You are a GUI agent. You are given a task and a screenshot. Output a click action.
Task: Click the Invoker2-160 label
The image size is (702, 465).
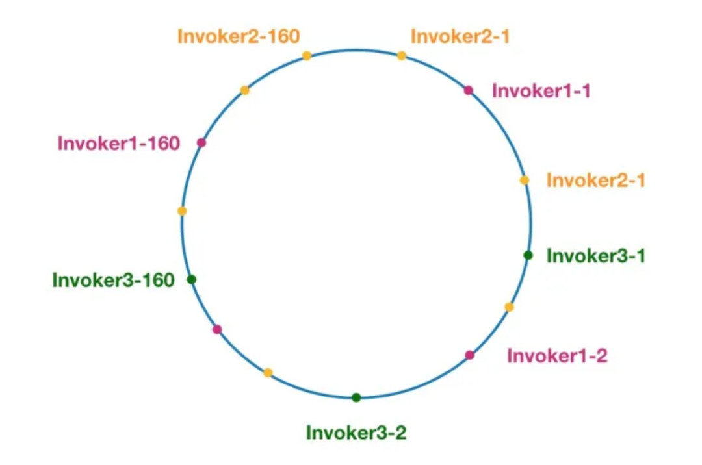pyautogui.click(x=239, y=36)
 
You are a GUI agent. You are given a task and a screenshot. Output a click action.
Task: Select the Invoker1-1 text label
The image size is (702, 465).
pyautogui.click(x=541, y=91)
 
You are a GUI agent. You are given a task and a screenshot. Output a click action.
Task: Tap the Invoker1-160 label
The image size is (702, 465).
pyautogui.click(x=118, y=143)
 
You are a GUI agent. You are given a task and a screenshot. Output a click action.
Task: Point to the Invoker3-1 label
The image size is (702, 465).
pyautogui.click(x=596, y=256)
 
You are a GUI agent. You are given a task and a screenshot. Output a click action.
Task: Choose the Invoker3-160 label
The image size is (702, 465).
pyautogui.click(x=113, y=281)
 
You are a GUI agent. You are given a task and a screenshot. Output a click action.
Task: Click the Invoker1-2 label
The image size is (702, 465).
pyautogui.click(x=557, y=356)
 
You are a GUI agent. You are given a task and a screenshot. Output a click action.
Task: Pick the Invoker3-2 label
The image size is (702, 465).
pyautogui.click(x=356, y=433)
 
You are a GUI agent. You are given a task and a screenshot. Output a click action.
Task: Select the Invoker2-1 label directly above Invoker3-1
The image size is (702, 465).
pyautogui.click(x=596, y=180)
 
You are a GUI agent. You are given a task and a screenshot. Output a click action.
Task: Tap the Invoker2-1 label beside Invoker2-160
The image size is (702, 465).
pyautogui.click(x=460, y=36)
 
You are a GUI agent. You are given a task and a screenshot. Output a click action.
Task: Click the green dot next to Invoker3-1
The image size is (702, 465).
pyautogui.click(x=528, y=255)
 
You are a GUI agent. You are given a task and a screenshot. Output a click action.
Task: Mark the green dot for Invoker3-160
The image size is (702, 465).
pyautogui.click(x=191, y=279)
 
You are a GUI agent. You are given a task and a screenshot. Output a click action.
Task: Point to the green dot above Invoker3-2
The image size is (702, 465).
pyautogui.click(x=356, y=397)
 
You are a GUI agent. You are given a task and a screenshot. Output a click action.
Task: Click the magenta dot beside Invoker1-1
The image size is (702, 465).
pyautogui.click(x=469, y=90)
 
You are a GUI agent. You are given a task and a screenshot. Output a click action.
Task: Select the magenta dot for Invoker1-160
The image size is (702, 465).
pyautogui.click(x=201, y=143)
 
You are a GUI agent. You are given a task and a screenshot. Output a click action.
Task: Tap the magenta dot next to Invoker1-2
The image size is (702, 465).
pyautogui.click(x=470, y=355)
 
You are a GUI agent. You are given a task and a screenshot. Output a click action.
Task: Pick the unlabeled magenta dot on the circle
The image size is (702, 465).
pyautogui.click(x=217, y=329)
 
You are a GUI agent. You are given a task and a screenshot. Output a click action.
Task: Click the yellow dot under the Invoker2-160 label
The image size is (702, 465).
pyautogui.click(x=307, y=56)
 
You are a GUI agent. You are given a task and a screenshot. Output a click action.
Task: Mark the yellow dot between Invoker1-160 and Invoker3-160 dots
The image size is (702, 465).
pyautogui.click(x=182, y=211)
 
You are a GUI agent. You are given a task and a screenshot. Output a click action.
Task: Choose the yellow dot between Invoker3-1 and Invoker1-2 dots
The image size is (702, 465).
pyautogui.click(x=509, y=307)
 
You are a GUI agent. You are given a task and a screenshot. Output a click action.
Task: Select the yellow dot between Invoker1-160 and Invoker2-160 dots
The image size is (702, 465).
pyautogui.click(x=244, y=90)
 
